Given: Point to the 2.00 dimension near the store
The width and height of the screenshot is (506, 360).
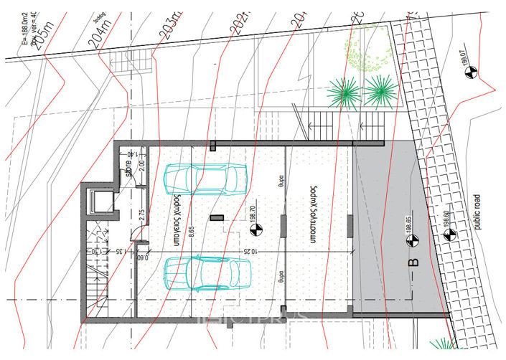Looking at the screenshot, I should click(141, 164).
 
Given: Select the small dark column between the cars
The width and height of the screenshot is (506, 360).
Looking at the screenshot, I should click(214, 216).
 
